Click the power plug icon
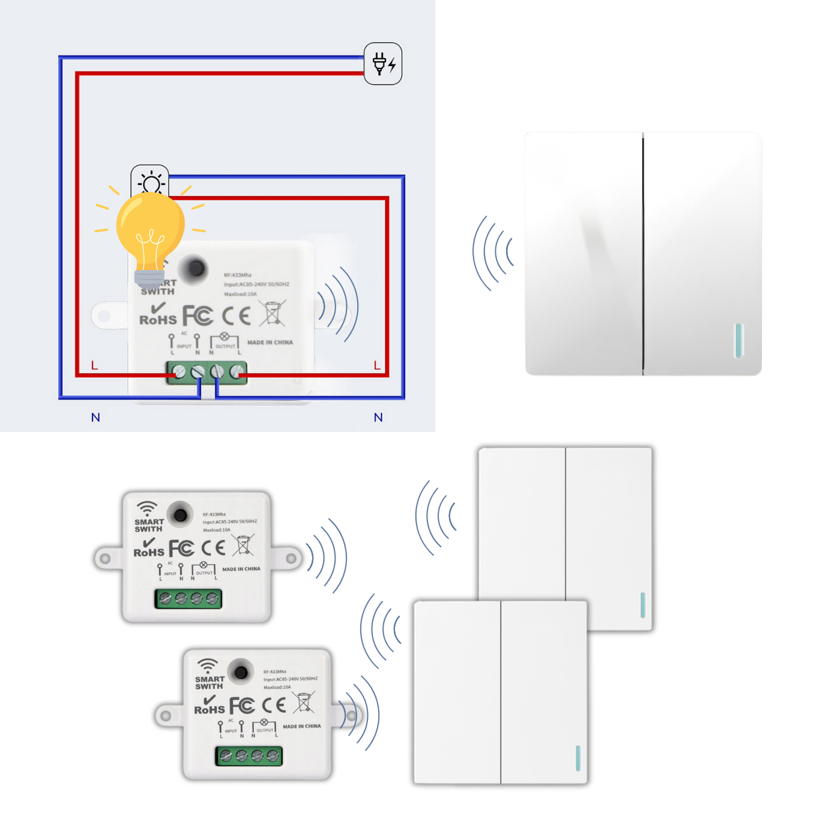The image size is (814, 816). pyautogui.click(x=383, y=64)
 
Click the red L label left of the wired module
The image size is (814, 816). pyautogui.click(x=94, y=365)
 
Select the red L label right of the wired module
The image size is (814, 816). pyautogui.click(x=377, y=365)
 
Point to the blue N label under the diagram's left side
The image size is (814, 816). pyautogui.click(x=95, y=418)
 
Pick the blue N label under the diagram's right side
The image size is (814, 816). pyautogui.click(x=378, y=418)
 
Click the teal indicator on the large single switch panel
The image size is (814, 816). pyautogui.click(x=739, y=341)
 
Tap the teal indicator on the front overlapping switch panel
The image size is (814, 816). pyautogui.click(x=578, y=758)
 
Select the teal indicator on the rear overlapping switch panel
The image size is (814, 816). pyautogui.click(x=643, y=605)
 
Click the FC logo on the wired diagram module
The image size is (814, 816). pyautogui.click(x=197, y=316)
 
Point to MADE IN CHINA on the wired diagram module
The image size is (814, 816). pyautogui.click(x=270, y=343)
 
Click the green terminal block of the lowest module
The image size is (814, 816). pyautogui.click(x=249, y=756)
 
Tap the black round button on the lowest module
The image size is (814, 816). pyautogui.click(x=241, y=672)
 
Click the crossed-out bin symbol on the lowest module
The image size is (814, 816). pyautogui.click(x=304, y=702)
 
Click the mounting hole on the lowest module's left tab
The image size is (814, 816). pyautogui.click(x=166, y=716)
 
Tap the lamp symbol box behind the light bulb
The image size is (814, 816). pyautogui.click(x=150, y=178)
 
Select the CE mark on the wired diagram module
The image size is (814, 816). pyautogui.click(x=237, y=316)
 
